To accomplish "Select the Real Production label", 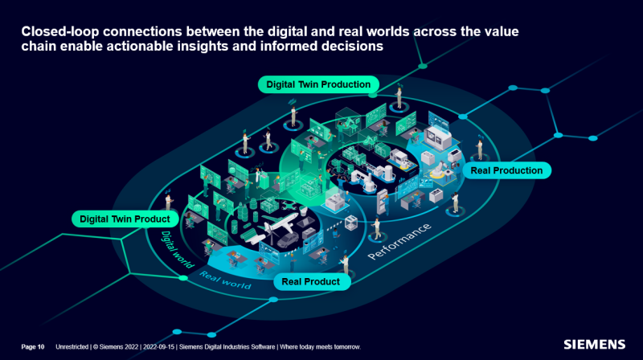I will pyautogui.click(x=506, y=170).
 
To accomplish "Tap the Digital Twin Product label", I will pyautogui.click(x=124, y=219).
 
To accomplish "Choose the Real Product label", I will pyautogui.click(x=310, y=281).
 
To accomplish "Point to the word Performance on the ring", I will pyautogui.click(x=399, y=240).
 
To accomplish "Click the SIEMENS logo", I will pyautogui.click(x=594, y=345).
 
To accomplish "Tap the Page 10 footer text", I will pyautogui.click(x=33, y=346).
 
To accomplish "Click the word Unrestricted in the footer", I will pyautogui.click(x=72, y=346).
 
